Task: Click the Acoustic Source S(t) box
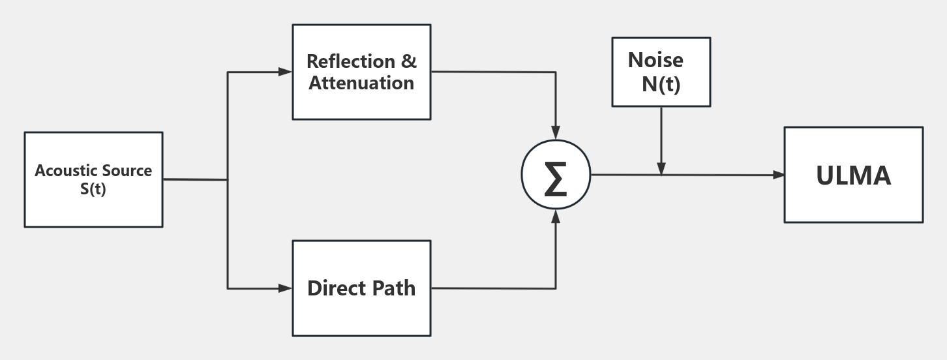[93, 179]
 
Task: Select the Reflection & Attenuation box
[361, 72]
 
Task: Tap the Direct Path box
[361, 288]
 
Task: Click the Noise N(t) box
[661, 72]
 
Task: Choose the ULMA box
[853, 175]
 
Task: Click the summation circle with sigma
[556, 175]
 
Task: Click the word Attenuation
[361, 83]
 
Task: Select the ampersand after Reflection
[409, 61]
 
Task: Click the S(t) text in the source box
[93, 189]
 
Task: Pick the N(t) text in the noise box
[661, 84]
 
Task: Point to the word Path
[394, 288]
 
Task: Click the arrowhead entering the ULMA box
[778, 175]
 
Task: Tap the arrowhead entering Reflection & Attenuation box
[286, 72]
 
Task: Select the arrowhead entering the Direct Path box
[286, 288]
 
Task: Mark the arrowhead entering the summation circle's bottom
[556, 216]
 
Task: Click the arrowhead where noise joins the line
[661, 170]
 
